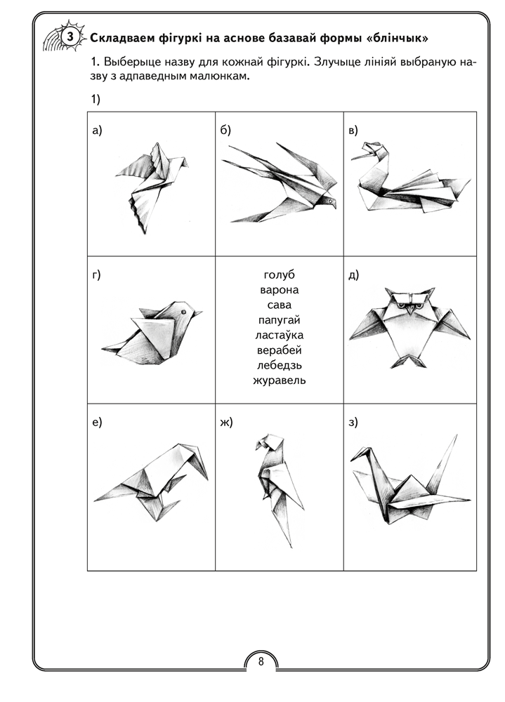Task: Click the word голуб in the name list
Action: [x=279, y=275]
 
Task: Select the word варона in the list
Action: [x=279, y=290]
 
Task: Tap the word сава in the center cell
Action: [x=279, y=305]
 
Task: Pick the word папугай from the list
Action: [x=279, y=320]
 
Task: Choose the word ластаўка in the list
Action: [x=279, y=335]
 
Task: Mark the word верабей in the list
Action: [x=279, y=350]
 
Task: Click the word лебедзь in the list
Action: [x=279, y=365]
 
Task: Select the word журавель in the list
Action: [x=279, y=380]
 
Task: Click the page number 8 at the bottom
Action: [x=261, y=661]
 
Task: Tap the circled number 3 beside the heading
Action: [x=70, y=37]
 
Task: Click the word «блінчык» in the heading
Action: [x=397, y=38]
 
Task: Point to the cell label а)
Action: [x=97, y=131]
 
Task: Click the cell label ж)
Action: [x=227, y=422]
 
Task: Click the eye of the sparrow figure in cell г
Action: [x=183, y=311]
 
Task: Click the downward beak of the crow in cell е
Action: [x=200, y=463]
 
